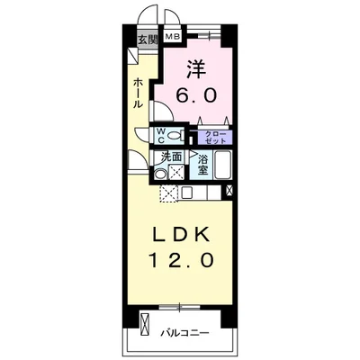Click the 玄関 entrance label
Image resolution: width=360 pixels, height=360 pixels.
pyautogui.click(x=148, y=40)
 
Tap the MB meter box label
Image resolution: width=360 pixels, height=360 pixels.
pyautogui.click(x=173, y=37)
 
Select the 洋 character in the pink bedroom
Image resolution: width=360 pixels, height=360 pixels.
pyautogui.click(x=196, y=68)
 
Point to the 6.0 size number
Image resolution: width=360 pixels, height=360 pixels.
pyautogui.click(x=196, y=95)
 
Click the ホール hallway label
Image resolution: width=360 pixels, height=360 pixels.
pyautogui.click(x=138, y=93)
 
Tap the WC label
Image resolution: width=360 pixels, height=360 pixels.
pyautogui.click(x=161, y=135)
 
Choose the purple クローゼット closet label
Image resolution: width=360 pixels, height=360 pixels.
pyautogui.click(x=215, y=138)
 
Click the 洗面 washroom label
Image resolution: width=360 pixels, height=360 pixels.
pyautogui.click(x=172, y=157)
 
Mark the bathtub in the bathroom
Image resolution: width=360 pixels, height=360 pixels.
pyautogui.click(x=222, y=165)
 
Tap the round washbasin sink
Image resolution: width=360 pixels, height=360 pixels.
pyautogui.click(x=159, y=175)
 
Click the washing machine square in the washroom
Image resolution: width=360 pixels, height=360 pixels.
pyautogui.click(x=175, y=172)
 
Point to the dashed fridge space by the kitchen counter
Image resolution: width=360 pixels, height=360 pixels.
pyautogui.click(x=169, y=193)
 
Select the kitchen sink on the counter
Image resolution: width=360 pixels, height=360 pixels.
pyautogui.click(x=187, y=193)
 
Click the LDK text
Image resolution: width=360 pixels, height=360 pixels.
pyautogui.click(x=181, y=236)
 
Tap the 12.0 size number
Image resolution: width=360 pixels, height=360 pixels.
pyautogui.click(x=182, y=259)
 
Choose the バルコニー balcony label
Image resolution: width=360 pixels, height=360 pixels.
pyautogui.click(x=184, y=333)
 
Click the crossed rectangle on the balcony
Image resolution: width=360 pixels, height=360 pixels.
pyautogui.click(x=145, y=325)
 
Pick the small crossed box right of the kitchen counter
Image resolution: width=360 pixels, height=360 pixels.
pyautogui.click(x=229, y=191)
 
